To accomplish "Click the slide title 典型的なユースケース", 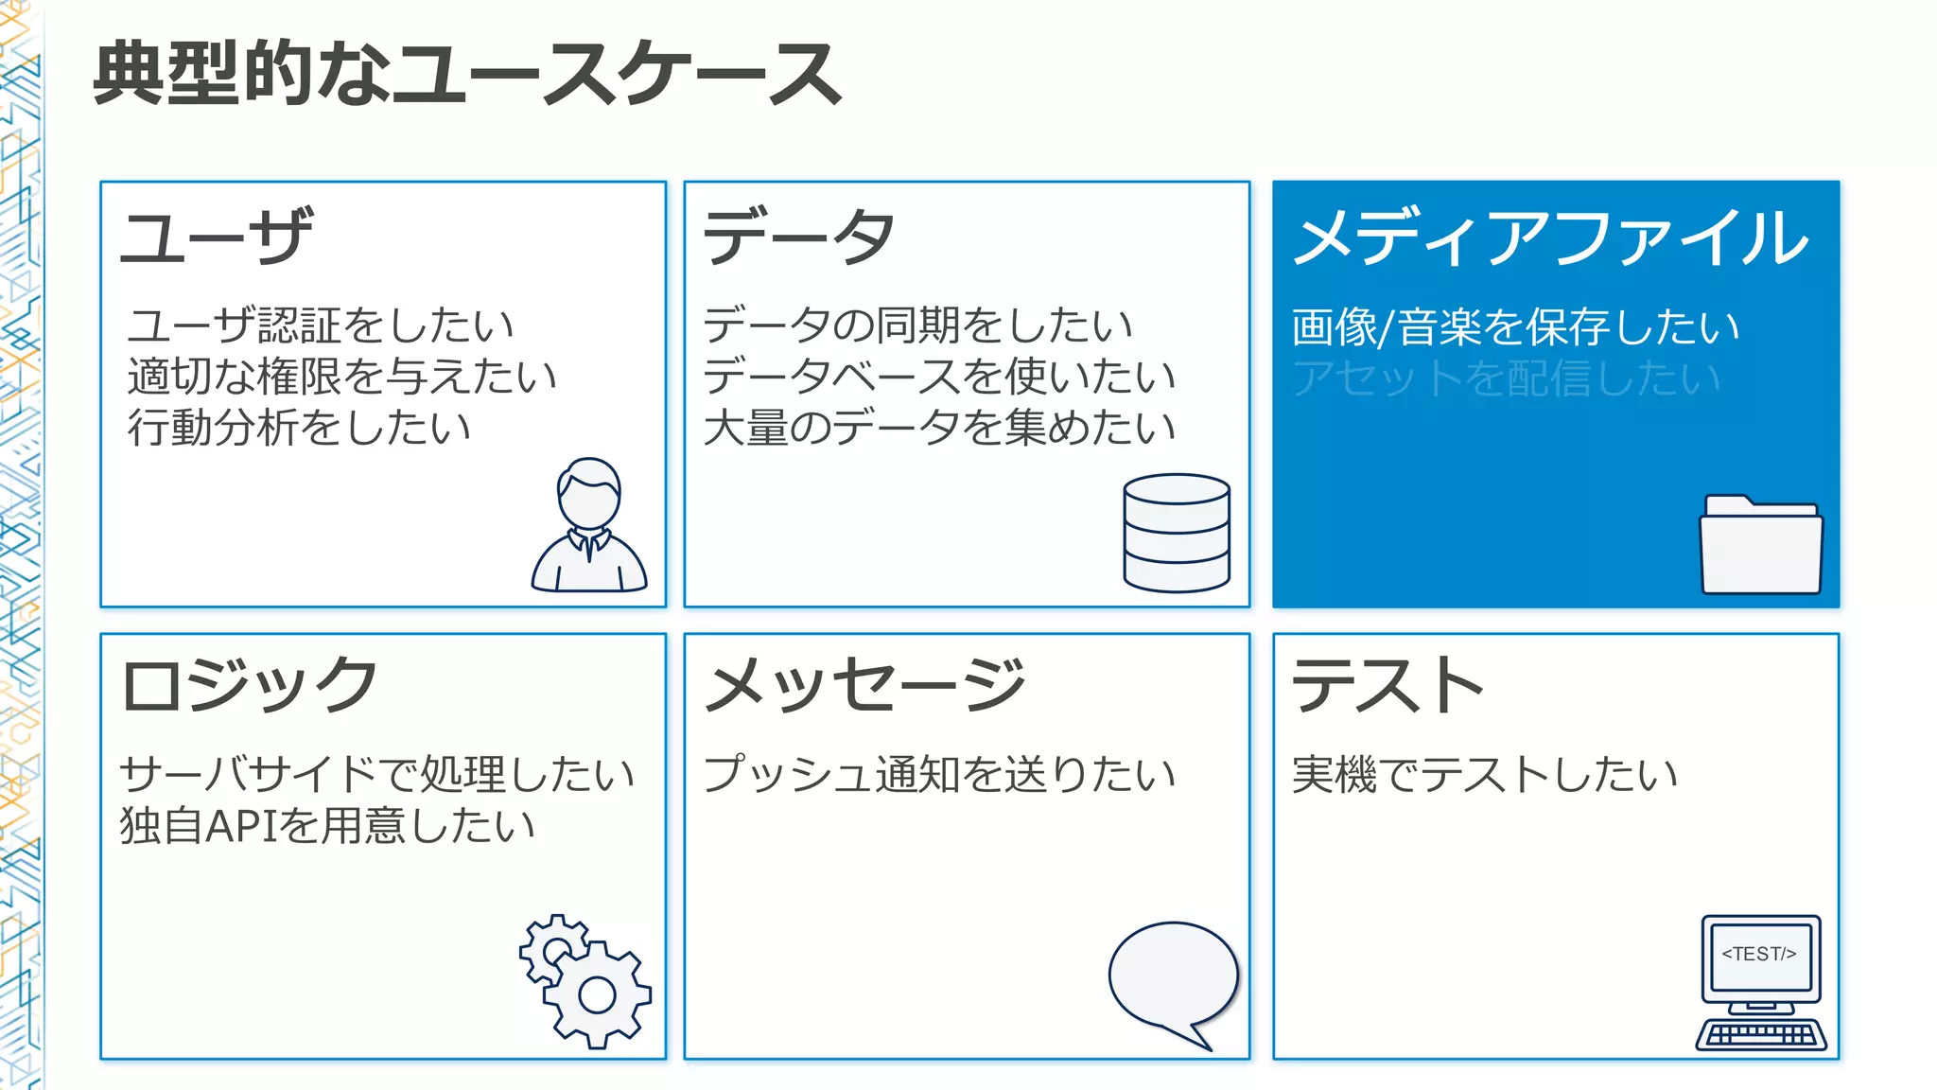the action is tap(467, 74).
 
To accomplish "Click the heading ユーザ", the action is tap(217, 237).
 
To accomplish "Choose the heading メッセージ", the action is tap(865, 685).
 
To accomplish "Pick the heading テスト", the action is tap(1387, 685).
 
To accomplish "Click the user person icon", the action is tap(589, 526).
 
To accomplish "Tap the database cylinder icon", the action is tap(1177, 533).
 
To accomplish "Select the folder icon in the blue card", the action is tap(1760, 546).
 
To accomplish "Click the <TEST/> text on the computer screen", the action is tap(1759, 954).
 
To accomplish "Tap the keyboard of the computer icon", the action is tap(1760, 1034).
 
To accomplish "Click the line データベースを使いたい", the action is tap(939, 377).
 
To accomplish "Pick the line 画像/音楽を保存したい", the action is tap(1515, 327).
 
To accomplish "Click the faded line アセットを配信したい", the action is tap(1506, 378).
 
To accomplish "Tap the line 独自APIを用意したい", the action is tap(327, 825).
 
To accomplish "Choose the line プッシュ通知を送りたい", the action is tap(939, 774).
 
